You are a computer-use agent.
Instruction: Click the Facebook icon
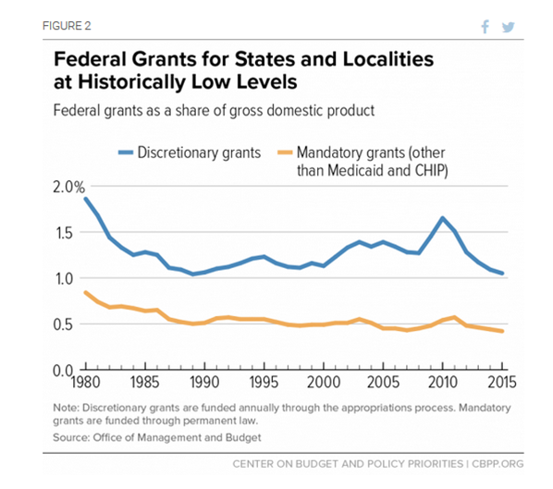click(x=485, y=27)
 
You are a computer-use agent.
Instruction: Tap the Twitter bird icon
click(x=509, y=27)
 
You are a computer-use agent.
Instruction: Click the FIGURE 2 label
click(x=67, y=26)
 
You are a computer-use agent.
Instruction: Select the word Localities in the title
click(x=388, y=59)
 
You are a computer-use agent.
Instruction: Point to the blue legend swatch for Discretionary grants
click(x=126, y=153)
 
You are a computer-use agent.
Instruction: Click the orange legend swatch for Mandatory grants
click(x=285, y=153)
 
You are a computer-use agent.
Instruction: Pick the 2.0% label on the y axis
click(x=69, y=187)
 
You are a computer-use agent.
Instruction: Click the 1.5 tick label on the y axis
click(x=64, y=233)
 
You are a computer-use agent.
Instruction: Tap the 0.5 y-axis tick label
click(x=63, y=324)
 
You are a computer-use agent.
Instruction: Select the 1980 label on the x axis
click(x=85, y=382)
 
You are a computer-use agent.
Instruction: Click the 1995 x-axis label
click(x=264, y=382)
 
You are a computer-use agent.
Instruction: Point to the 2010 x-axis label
click(x=443, y=382)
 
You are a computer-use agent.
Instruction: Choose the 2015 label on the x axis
click(x=502, y=382)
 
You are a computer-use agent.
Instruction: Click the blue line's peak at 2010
click(x=443, y=218)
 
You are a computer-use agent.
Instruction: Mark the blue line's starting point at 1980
click(x=86, y=199)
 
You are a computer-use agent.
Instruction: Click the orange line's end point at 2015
click(x=501, y=331)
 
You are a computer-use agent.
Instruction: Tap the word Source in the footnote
click(x=71, y=437)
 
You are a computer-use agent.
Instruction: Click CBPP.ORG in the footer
click(x=498, y=464)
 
